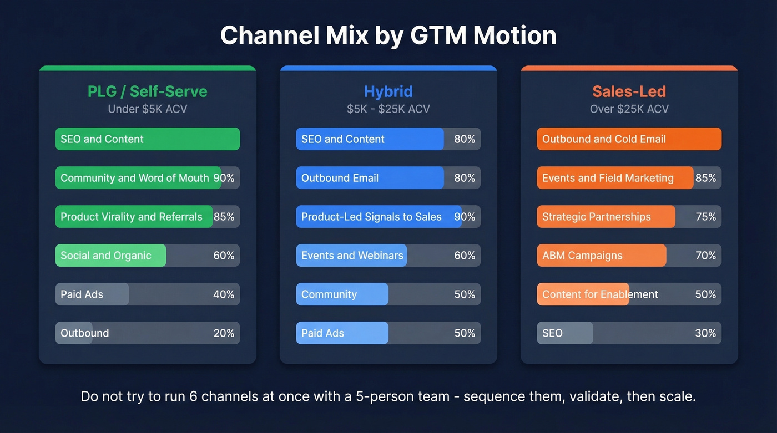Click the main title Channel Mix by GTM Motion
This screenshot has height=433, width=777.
click(388, 35)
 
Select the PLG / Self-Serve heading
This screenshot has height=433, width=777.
click(148, 91)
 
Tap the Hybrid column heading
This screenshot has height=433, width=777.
click(388, 91)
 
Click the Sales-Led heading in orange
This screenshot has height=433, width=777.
click(629, 91)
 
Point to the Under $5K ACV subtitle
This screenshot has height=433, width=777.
click(148, 109)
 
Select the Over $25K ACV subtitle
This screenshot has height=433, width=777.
click(629, 109)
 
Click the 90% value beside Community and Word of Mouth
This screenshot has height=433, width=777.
click(224, 178)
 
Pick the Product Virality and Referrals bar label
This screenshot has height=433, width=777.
click(131, 217)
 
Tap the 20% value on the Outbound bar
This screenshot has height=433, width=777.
click(224, 333)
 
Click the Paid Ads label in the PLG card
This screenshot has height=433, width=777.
click(82, 294)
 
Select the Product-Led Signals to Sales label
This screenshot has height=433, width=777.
click(371, 217)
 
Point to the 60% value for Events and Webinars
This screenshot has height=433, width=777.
click(465, 256)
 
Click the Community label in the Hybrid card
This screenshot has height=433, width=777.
click(329, 294)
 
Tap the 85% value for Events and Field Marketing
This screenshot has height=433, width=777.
click(705, 178)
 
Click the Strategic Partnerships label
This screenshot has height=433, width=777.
click(596, 217)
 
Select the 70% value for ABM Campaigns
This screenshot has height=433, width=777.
click(705, 256)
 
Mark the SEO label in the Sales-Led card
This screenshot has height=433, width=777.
click(552, 333)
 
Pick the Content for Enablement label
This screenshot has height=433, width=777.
click(600, 294)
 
